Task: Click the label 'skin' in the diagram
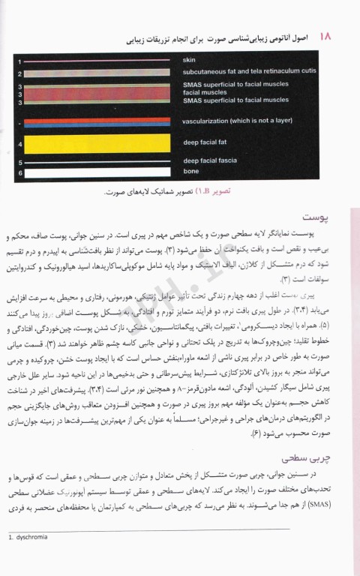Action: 188,59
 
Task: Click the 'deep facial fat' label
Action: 203,142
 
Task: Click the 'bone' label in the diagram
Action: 191,172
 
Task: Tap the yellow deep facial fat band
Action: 101,142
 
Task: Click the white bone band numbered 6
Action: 101,173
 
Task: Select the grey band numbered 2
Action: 101,73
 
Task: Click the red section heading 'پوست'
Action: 331,217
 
